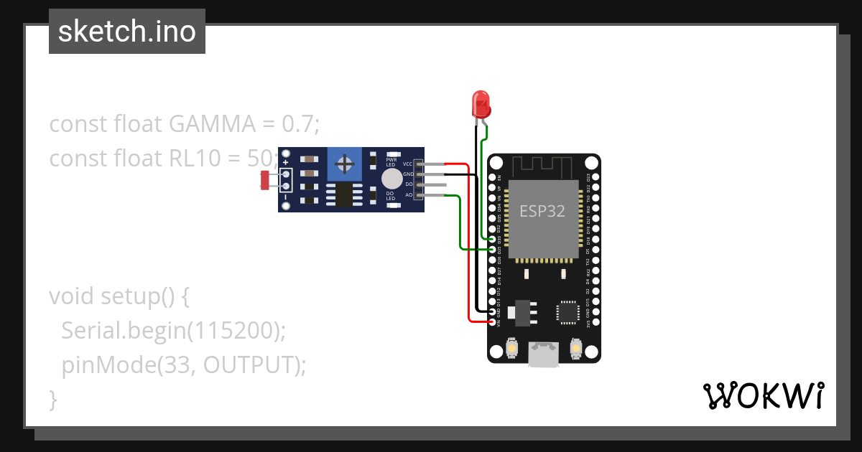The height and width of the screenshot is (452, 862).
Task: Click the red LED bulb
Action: point(481,105)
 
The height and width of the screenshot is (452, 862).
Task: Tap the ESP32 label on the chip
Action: point(542,211)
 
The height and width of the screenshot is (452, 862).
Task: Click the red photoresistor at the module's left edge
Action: point(264,180)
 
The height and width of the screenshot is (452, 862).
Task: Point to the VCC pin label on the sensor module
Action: point(407,164)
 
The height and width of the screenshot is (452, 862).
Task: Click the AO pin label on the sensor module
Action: point(409,194)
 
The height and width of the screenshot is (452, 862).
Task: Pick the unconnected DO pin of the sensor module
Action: point(431,184)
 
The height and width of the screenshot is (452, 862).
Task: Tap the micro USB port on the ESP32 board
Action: point(543,354)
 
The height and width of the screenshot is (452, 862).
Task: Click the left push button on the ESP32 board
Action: point(512,349)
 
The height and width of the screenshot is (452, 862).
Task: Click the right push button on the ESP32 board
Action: point(575,349)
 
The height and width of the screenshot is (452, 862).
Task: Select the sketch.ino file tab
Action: point(127,32)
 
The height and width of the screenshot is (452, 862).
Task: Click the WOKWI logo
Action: point(762,395)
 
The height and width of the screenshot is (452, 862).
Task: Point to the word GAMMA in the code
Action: point(213,124)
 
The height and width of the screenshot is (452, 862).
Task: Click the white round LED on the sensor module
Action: point(391,179)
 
